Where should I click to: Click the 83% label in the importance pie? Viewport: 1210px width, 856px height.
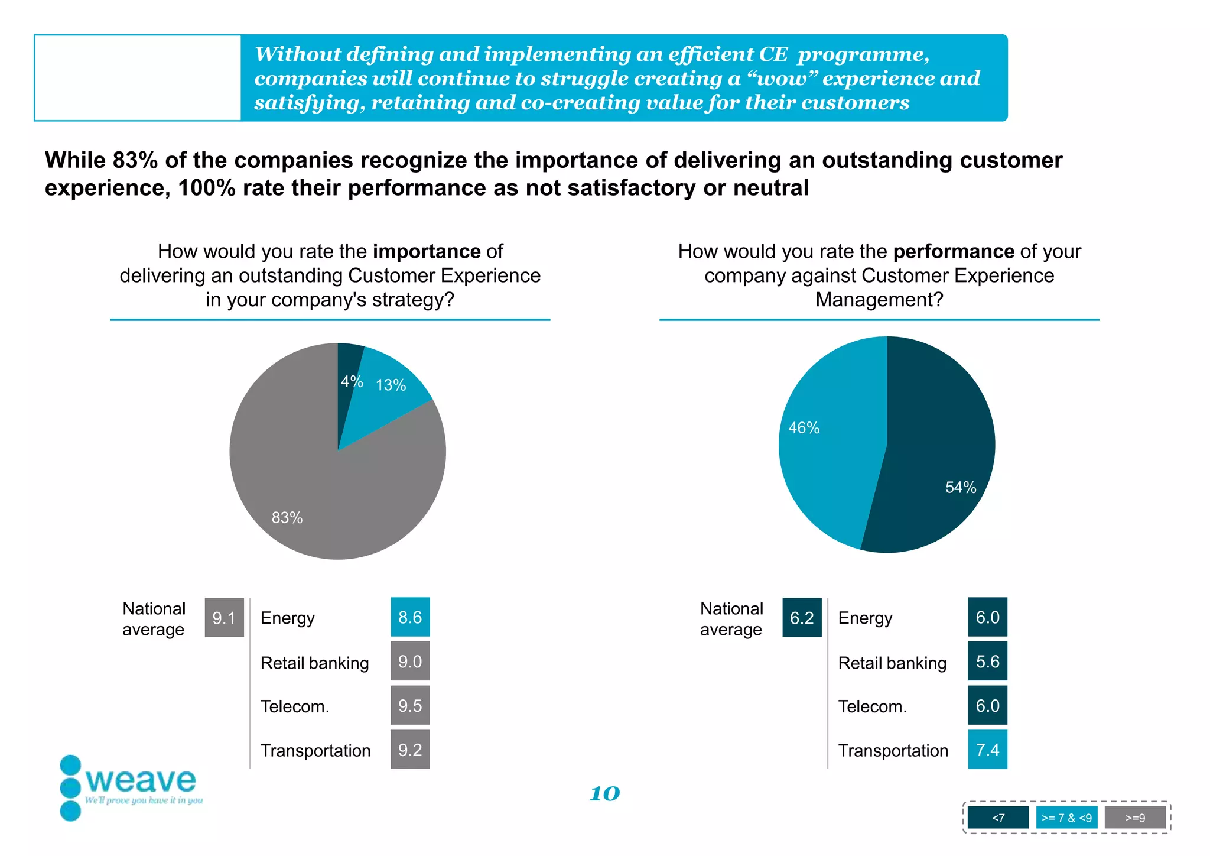point(287,518)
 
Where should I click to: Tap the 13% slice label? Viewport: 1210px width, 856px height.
point(391,385)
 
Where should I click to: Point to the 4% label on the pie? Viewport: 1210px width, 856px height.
point(352,381)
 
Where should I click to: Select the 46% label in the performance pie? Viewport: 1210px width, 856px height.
point(804,428)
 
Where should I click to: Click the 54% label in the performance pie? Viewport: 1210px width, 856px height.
point(961,488)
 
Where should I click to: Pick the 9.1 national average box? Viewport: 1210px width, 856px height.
point(224,618)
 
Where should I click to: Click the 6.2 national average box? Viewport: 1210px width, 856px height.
point(802,618)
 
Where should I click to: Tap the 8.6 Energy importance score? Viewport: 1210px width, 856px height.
point(410,617)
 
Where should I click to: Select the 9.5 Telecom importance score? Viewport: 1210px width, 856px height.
point(410,705)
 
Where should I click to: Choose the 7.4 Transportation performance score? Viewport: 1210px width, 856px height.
point(987,750)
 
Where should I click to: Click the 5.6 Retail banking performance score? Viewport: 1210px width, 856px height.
point(987,662)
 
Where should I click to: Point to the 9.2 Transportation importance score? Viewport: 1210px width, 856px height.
point(410,750)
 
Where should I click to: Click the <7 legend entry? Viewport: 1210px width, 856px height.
point(998,818)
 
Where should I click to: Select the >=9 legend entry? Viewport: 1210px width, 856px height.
point(1135,818)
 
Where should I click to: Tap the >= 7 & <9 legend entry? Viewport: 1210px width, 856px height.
point(1066,818)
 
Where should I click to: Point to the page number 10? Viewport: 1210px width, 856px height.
point(604,793)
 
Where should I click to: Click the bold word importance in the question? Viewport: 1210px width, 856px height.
point(427,251)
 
